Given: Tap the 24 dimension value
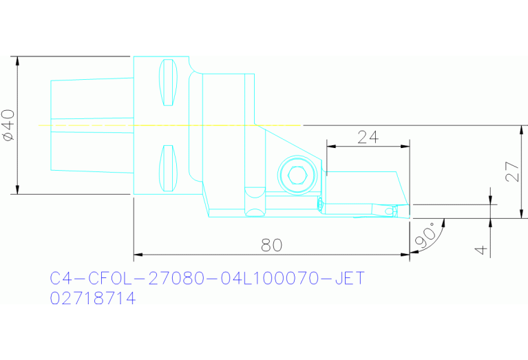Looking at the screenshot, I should click(368, 136).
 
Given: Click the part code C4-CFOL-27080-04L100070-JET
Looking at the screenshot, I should click(207, 279).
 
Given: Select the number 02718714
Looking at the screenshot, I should click(93, 299).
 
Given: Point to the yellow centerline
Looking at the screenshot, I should click(172, 125).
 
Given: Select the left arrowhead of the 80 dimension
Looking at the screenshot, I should click(138, 254).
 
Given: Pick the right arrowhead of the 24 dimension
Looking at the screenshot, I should click(405, 146).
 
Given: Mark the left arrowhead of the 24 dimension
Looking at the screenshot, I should click(330, 146).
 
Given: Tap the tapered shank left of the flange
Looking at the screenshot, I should click(92, 125).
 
